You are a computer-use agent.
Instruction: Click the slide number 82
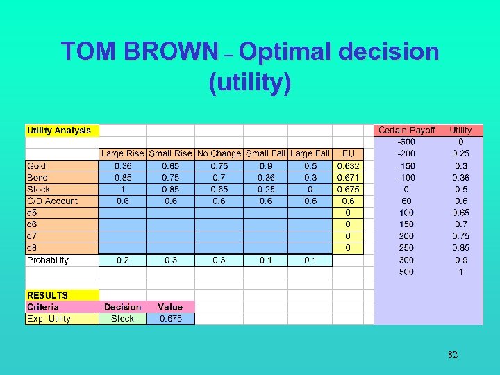tap(453, 355)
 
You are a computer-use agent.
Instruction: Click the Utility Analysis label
tap(59, 131)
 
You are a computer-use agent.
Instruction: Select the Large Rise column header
tap(122, 153)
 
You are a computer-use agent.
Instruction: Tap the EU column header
tap(348, 153)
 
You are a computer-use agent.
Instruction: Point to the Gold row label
tap(37, 166)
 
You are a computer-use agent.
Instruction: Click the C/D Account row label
tap(52, 201)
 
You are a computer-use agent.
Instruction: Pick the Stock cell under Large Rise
tap(122, 190)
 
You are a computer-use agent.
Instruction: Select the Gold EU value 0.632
tap(348, 166)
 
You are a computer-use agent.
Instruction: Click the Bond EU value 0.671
tap(348, 178)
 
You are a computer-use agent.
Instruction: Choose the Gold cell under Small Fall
tap(266, 166)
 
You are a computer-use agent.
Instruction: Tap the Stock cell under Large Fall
tap(310, 190)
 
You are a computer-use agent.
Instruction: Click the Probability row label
tap(48, 260)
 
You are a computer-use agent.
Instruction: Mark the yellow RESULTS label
tap(48, 295)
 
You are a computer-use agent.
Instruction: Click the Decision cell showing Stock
tap(122, 319)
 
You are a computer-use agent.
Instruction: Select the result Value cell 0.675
tap(170, 319)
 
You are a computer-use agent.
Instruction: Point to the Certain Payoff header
tap(406, 131)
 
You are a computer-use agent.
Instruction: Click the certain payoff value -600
tap(406, 142)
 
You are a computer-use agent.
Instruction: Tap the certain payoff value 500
tap(406, 272)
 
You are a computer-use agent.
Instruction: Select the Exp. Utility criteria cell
tap(49, 319)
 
